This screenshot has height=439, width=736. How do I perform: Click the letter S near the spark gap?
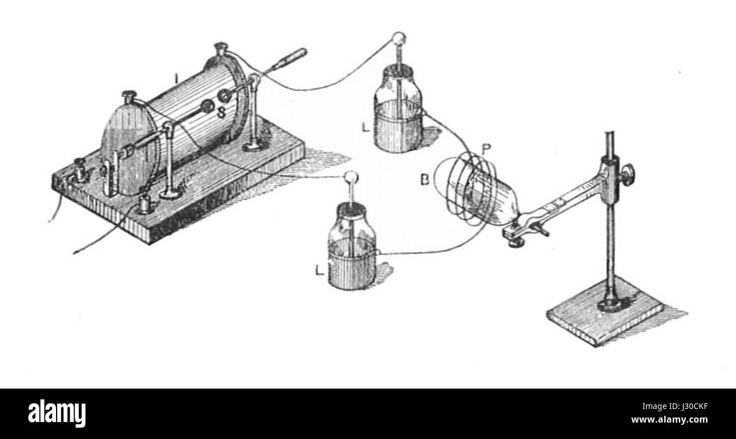coord(221,113)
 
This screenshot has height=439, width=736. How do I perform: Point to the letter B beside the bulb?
coord(425,180)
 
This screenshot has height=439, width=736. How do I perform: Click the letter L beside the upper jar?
coord(366,127)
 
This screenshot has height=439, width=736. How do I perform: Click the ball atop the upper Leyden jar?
coord(399,37)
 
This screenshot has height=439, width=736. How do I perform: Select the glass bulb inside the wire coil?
coord(483,197)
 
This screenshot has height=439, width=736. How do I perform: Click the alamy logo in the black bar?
coord(57,413)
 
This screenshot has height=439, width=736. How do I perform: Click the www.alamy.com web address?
coord(669,420)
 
